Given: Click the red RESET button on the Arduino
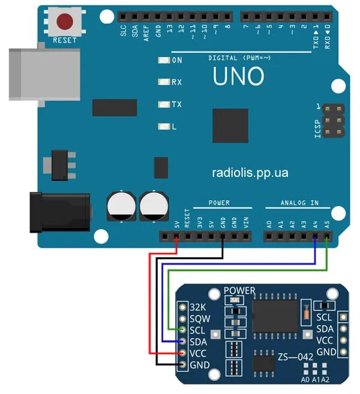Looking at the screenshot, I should click(x=64, y=22).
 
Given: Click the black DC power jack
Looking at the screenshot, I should click(x=60, y=212).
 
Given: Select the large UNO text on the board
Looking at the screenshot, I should click(x=238, y=76).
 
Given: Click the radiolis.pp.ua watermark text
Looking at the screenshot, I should click(x=250, y=173).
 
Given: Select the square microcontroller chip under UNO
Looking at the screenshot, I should click(x=230, y=125).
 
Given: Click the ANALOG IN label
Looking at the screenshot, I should click(x=299, y=203).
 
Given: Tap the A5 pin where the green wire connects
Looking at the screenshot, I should click(x=326, y=236).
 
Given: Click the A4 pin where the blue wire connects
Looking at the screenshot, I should click(x=315, y=236).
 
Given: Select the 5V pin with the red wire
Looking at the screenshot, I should click(x=176, y=236).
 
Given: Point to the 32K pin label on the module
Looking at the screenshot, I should click(x=198, y=307).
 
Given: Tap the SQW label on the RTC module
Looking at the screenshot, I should click(x=200, y=318).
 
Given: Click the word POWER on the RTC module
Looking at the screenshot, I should click(x=239, y=291).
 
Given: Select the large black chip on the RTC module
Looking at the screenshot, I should click(x=275, y=316).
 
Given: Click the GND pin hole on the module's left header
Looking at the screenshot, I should click(x=182, y=365).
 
